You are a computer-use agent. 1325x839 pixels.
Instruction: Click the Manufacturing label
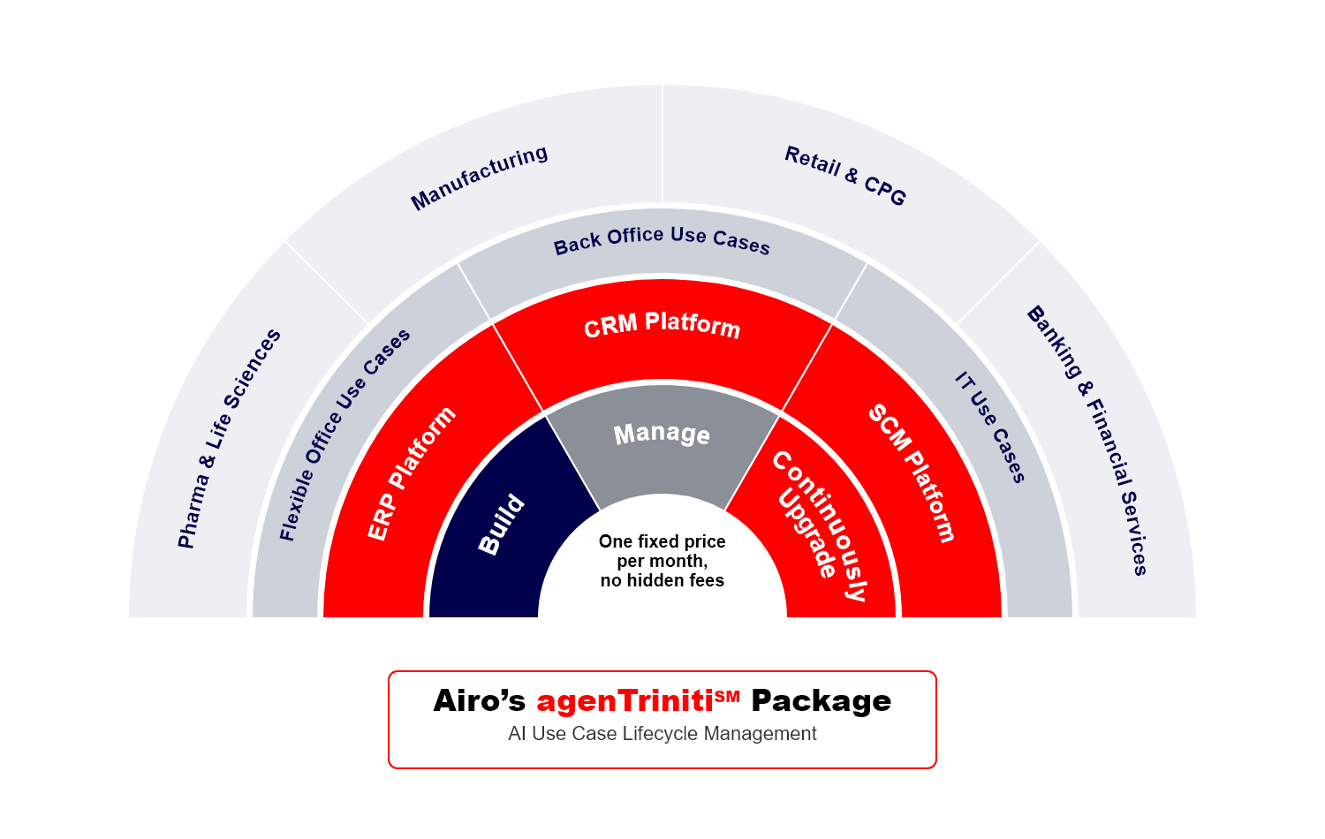click(x=479, y=178)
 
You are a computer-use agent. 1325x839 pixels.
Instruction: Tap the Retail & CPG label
click(x=845, y=176)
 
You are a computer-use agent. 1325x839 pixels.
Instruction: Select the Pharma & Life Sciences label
click(x=229, y=439)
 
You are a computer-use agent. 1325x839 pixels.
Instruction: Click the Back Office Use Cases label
click(x=662, y=239)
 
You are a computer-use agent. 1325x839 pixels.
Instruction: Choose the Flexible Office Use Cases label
click(x=344, y=435)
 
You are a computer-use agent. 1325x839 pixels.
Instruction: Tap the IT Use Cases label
click(x=989, y=427)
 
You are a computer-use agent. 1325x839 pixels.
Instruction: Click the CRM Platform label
click(x=662, y=325)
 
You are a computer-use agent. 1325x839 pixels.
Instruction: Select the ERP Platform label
click(x=411, y=473)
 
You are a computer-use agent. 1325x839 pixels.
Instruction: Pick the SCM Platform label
click(x=912, y=473)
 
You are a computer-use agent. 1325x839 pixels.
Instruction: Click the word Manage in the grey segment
click(x=662, y=434)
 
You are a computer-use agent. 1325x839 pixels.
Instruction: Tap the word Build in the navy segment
click(x=501, y=525)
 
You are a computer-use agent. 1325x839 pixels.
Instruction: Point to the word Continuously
click(x=821, y=525)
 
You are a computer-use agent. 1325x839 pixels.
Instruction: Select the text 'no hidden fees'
click(x=662, y=580)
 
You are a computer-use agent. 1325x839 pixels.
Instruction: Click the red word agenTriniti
click(x=625, y=700)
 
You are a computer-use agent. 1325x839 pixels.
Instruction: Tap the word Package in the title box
click(x=821, y=702)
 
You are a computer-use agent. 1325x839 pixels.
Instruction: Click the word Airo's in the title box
click(x=479, y=700)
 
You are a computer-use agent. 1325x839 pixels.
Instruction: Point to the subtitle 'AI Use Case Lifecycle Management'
click(x=662, y=733)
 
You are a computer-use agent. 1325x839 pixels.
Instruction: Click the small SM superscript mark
click(x=727, y=696)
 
